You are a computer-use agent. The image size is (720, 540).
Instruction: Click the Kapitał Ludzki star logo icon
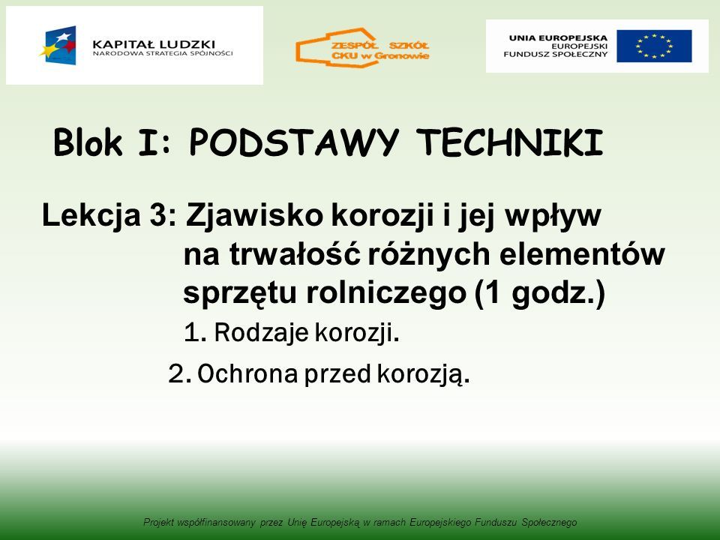(x=58, y=46)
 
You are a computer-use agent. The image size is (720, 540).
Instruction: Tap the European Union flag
(x=654, y=46)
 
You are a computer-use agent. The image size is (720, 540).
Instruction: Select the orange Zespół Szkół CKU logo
(x=362, y=47)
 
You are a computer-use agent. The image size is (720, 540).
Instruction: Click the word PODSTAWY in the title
(x=294, y=142)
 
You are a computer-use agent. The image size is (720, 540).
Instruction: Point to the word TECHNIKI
(x=509, y=142)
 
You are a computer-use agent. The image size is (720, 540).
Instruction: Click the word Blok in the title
(x=88, y=142)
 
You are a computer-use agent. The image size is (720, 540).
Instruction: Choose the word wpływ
(x=553, y=216)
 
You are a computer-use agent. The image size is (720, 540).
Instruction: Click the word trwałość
(x=294, y=254)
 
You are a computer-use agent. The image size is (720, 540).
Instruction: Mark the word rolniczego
(x=386, y=293)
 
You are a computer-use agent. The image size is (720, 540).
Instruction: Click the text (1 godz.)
(x=540, y=293)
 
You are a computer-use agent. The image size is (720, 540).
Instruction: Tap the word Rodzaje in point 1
(x=261, y=332)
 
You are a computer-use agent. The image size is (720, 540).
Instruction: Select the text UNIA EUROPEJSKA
(x=558, y=38)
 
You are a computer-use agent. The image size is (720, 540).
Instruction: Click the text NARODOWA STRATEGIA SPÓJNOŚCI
(x=163, y=53)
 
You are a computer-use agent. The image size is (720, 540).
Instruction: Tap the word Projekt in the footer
(x=158, y=523)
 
